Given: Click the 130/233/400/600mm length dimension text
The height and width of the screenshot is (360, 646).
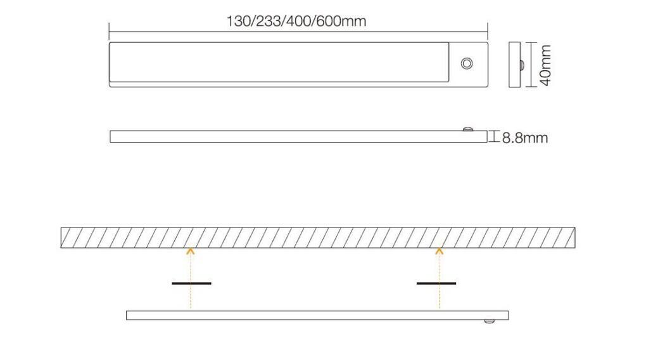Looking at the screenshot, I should (x=296, y=21).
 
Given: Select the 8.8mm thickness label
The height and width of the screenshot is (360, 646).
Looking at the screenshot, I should (x=524, y=138).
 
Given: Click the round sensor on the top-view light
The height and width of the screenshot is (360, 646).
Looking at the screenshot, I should (x=467, y=63).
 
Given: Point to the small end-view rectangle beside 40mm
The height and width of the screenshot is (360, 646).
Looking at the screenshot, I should (x=514, y=65).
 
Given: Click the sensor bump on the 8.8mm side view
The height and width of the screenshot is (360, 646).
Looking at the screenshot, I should (x=468, y=129).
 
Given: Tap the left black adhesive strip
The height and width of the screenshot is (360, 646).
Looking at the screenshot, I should (x=191, y=283).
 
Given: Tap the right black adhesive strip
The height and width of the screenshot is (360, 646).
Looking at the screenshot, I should (x=436, y=283).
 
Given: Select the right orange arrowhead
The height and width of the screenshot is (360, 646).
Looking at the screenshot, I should (x=438, y=252).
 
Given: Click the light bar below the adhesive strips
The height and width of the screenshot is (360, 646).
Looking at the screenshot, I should (x=317, y=315).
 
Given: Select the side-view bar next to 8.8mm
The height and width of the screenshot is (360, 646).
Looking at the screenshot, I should (x=298, y=136).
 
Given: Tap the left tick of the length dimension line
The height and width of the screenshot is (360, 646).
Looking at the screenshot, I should (x=110, y=30).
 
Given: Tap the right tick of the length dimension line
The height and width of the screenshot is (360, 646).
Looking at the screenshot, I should (x=487, y=30).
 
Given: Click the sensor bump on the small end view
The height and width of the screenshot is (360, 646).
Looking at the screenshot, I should (x=521, y=65).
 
